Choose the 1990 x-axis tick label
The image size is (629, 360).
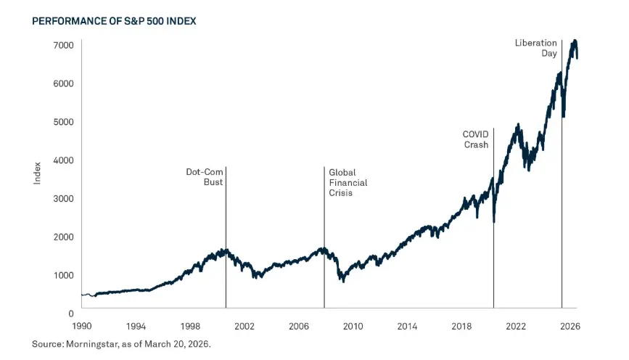pos(81,326)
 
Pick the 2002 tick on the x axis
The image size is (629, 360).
pos(244,326)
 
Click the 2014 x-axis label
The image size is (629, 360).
pos(407,326)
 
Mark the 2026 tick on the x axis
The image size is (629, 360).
pos(570,326)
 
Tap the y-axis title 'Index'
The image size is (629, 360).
pos(37,173)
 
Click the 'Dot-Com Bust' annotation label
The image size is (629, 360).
pos(205,178)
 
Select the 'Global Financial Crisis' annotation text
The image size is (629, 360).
pos(348,183)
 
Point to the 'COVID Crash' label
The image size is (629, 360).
pos(475,139)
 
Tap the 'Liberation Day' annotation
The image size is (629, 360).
pos(536,49)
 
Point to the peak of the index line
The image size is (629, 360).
pos(575,41)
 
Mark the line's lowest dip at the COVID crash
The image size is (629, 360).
pos(494,221)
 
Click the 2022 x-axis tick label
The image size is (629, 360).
pos(516,326)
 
